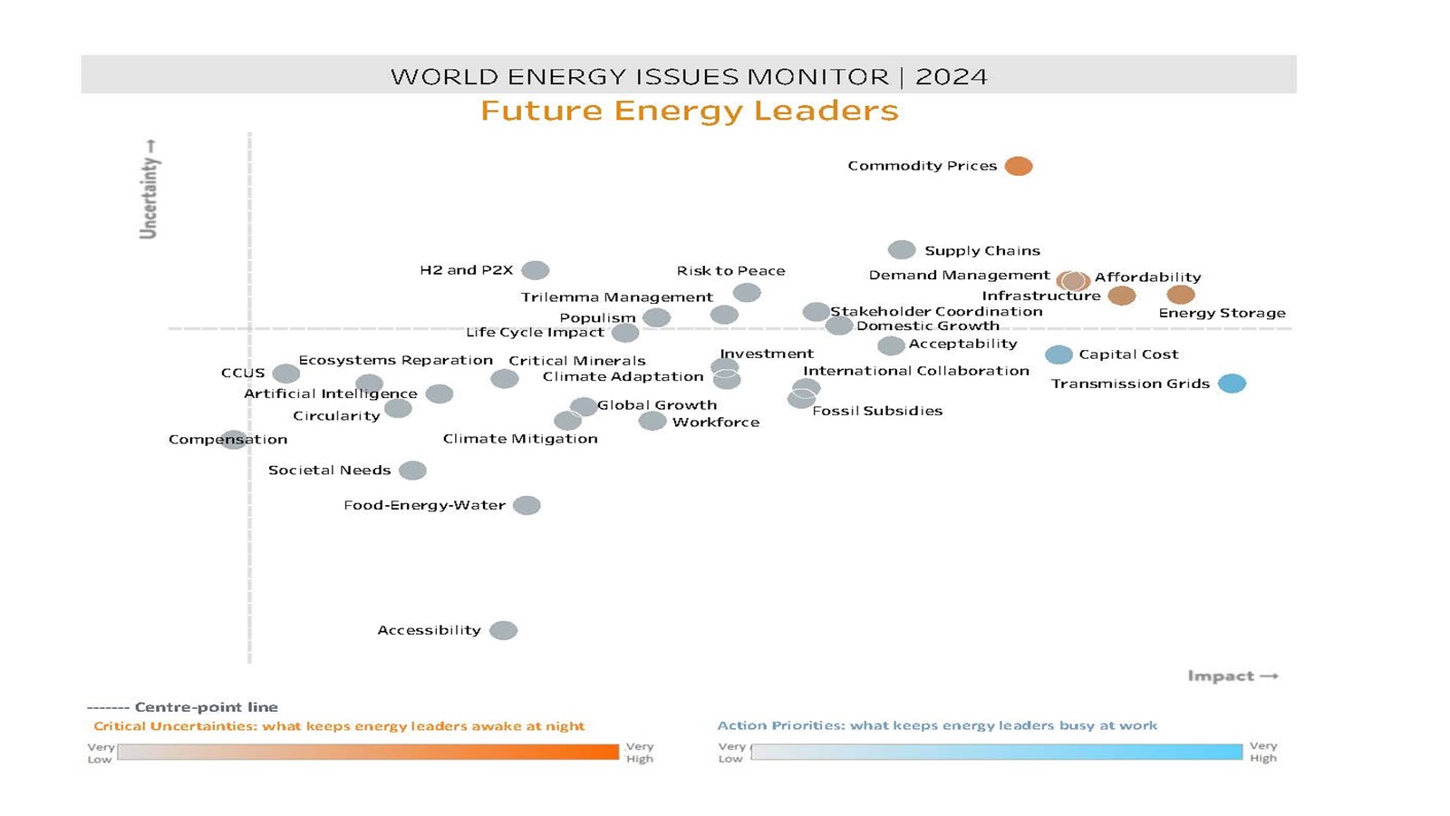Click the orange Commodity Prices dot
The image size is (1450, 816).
pos(1018,166)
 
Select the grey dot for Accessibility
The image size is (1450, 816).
pos(503,630)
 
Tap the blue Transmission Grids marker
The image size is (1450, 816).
pos(1232,384)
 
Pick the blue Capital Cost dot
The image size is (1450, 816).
pos(1058,355)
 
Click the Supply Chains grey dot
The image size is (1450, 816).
pos(901,249)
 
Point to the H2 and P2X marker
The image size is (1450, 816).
pos(535,270)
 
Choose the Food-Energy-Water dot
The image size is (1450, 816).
pos(527,505)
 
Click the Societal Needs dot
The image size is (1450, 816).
pos(412,470)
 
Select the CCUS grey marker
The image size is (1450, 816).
pos(285,373)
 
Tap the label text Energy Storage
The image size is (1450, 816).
pos(1222,313)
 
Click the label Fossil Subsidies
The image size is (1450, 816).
pos(876,411)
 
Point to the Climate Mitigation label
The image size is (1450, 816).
pos(520,439)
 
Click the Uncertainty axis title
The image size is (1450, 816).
pos(149,190)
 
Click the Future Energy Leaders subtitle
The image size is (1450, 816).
pos(689,111)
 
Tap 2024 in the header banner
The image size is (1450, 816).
pos(952,76)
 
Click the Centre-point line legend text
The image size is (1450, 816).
pos(206,707)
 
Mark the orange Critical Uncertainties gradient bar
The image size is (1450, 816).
pos(368,752)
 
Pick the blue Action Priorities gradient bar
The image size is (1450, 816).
pos(996,752)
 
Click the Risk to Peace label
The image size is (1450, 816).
pos(730,271)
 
